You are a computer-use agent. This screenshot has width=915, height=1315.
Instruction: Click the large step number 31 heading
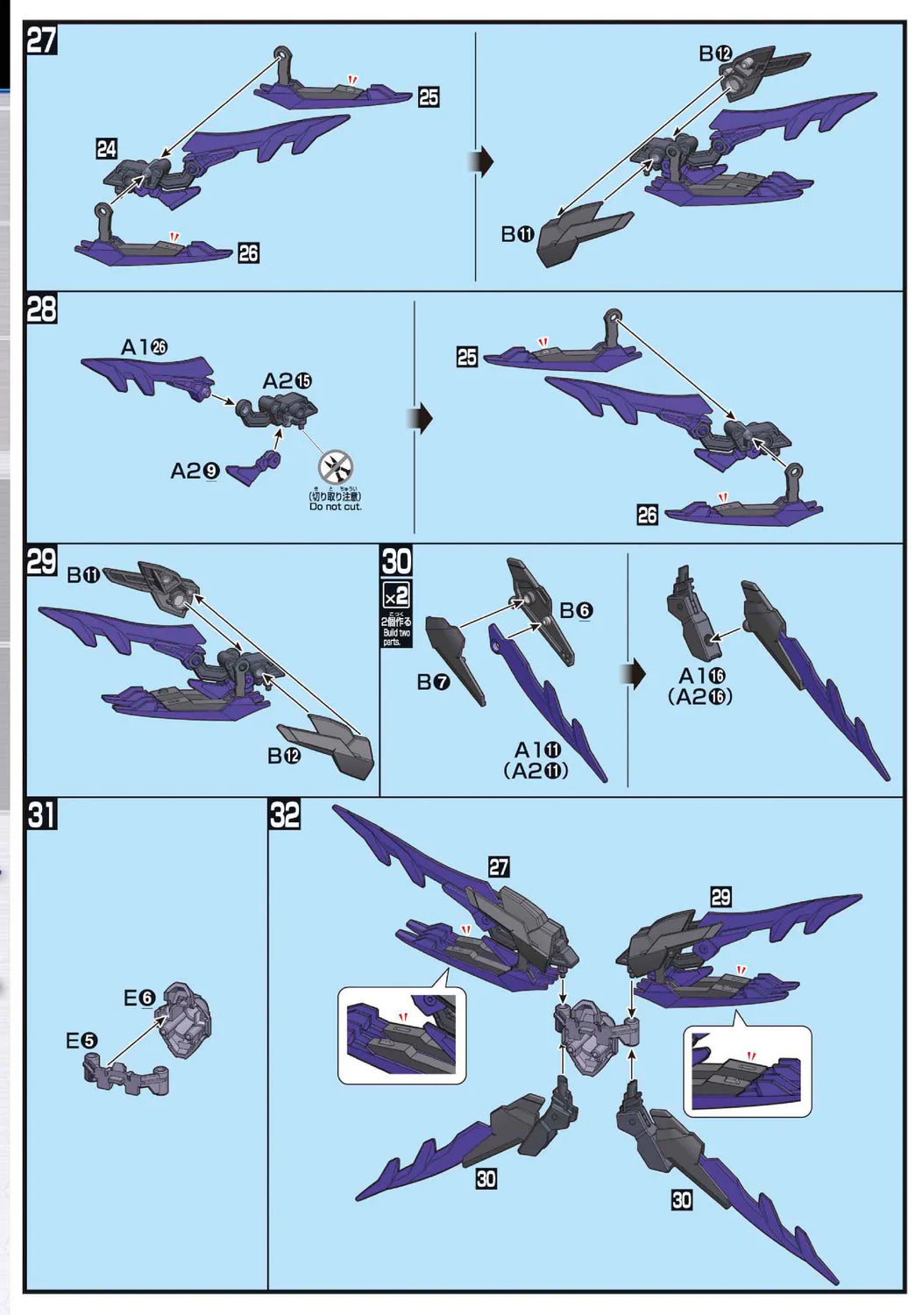pos(42,814)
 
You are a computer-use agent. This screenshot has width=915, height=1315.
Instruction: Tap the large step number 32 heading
pos(284,814)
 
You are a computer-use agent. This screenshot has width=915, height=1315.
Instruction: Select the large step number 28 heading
pos(42,309)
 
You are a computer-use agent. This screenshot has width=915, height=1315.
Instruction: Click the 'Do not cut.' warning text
pos(335,507)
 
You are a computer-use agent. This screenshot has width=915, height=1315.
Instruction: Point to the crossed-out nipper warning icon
pos(337,465)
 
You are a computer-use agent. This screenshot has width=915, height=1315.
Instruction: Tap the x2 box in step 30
pos(396,596)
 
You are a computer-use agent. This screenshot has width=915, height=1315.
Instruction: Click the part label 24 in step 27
pos(106,149)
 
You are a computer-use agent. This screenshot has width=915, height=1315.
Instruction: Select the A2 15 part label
pos(287,380)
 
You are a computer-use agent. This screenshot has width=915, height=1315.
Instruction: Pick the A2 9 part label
pos(194,472)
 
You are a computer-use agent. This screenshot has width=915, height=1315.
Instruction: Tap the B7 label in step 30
pos(433,681)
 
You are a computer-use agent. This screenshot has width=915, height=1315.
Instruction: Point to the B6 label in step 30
pos(577,610)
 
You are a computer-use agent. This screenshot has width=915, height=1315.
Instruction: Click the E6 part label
pos(138,998)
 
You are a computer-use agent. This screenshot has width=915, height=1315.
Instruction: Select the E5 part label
pos(82,1041)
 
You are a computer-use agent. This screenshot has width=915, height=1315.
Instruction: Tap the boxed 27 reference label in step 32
pos(499,867)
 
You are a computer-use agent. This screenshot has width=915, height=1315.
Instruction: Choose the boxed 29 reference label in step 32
pos(720,897)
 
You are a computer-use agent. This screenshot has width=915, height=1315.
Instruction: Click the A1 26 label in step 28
pos(144,347)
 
